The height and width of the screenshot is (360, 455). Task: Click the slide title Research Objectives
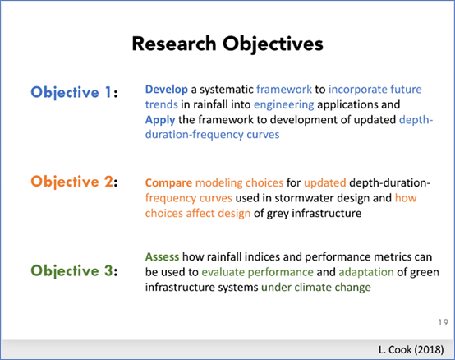click(x=227, y=44)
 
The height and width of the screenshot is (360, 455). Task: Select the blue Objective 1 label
click(x=74, y=93)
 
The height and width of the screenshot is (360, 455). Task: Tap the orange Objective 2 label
click(x=74, y=182)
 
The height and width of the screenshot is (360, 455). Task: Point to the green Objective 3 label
click(x=74, y=271)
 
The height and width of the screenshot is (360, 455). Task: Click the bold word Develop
click(x=167, y=90)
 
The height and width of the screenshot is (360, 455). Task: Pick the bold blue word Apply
click(x=160, y=120)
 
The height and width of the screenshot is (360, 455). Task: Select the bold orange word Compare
click(x=168, y=183)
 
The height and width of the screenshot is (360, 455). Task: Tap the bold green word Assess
click(x=163, y=257)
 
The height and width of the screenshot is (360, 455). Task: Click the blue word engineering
click(x=284, y=105)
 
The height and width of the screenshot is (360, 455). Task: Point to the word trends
click(x=162, y=104)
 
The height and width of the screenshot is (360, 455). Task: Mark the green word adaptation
click(x=366, y=272)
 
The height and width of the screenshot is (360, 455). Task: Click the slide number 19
click(x=444, y=322)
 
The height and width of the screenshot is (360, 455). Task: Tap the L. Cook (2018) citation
click(x=411, y=349)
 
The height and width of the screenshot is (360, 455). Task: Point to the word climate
click(x=313, y=288)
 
